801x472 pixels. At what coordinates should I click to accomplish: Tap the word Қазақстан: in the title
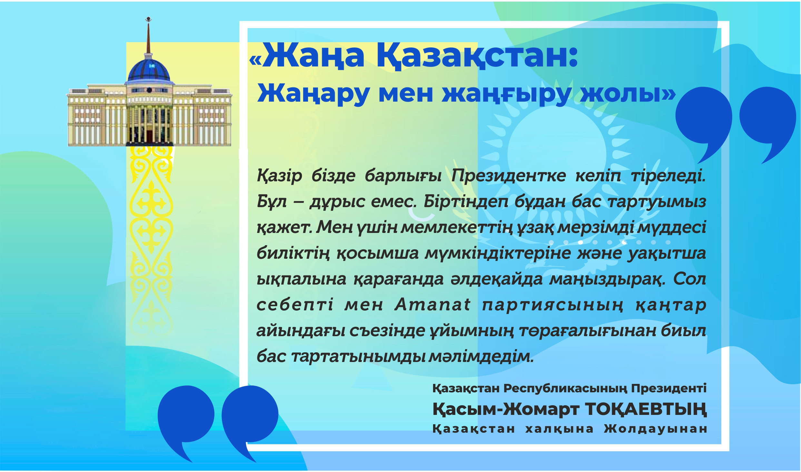tap(477, 58)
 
